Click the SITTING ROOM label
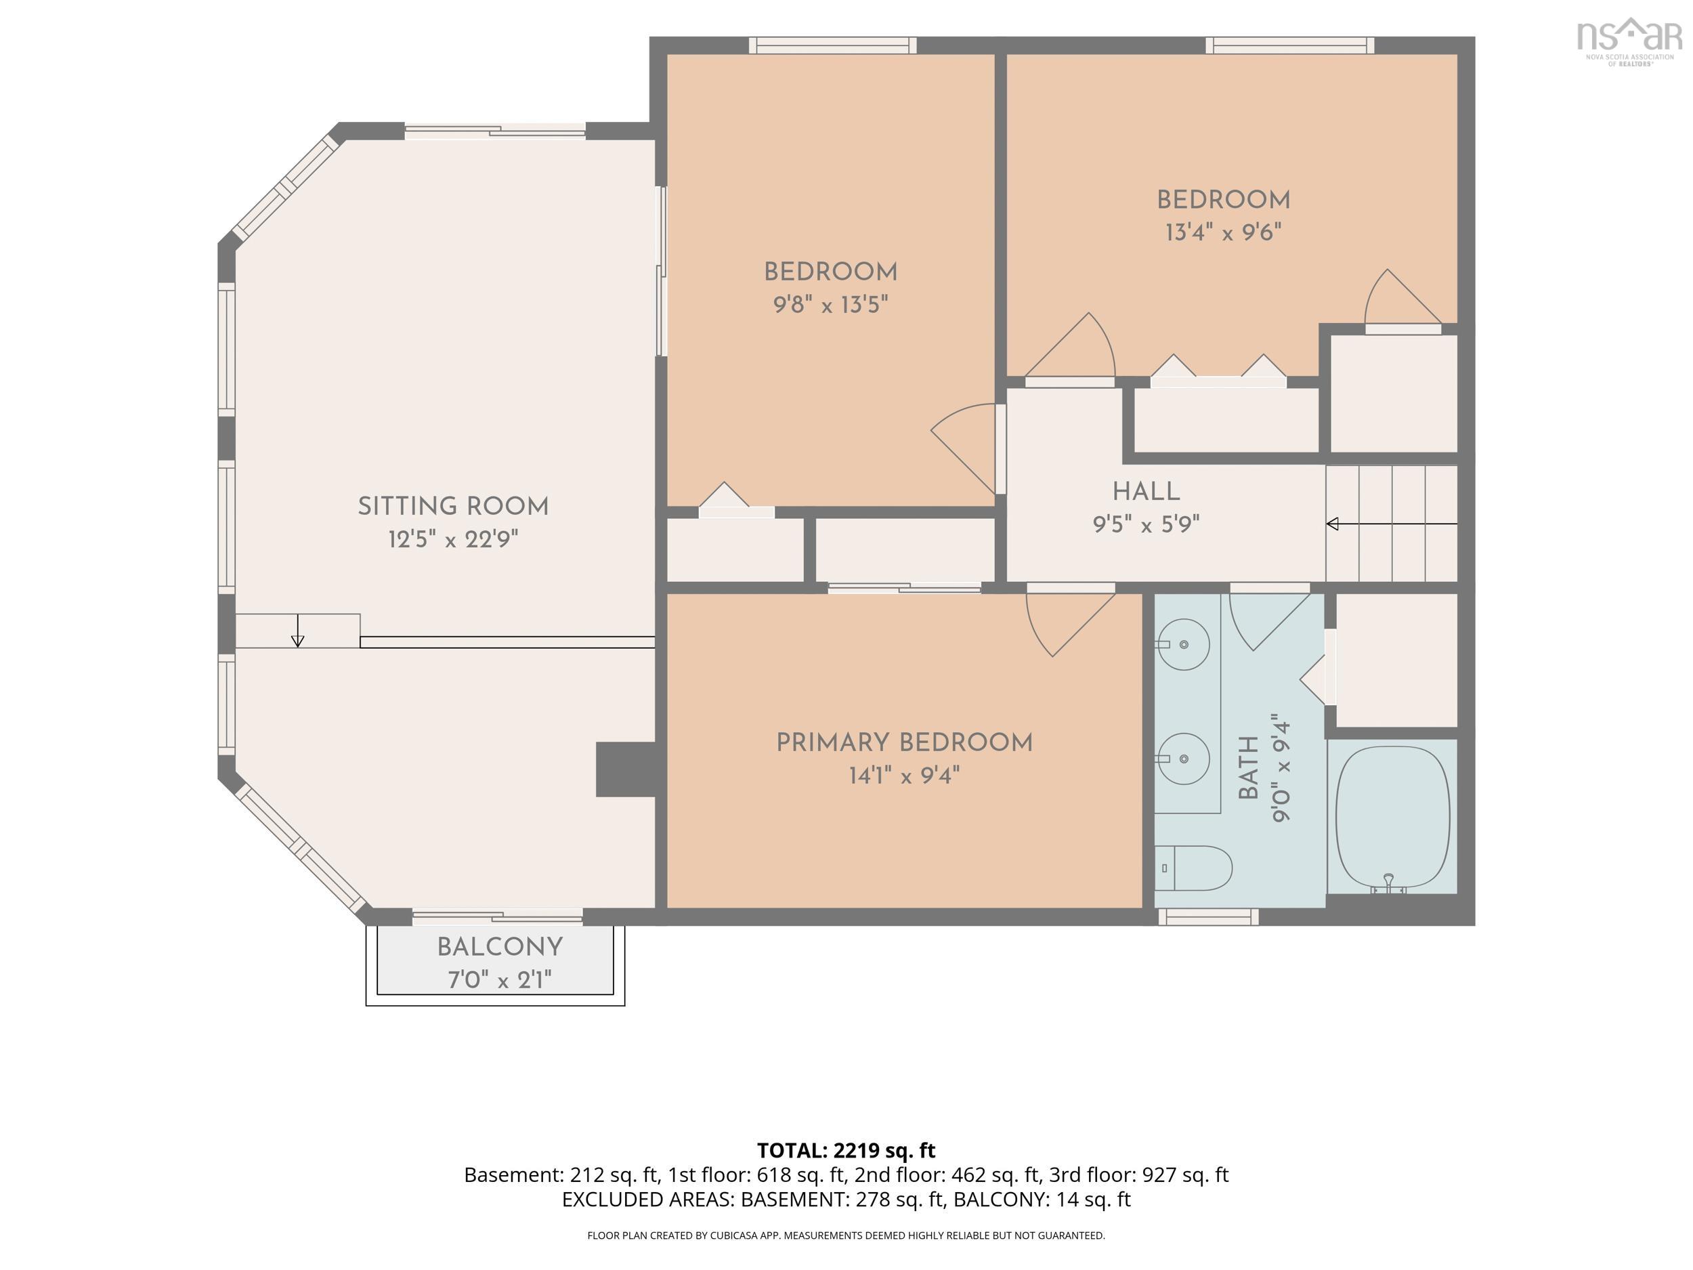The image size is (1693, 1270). pyautogui.click(x=453, y=507)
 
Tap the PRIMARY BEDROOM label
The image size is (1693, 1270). pyautogui.click(x=904, y=742)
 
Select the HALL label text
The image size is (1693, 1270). pyautogui.click(x=1146, y=492)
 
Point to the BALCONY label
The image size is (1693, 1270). pyautogui.click(x=500, y=948)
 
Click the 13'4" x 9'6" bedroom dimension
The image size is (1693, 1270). pyautogui.click(x=1223, y=232)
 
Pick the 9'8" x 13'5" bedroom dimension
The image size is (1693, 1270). pyautogui.click(x=830, y=305)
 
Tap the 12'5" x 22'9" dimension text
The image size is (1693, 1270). pyautogui.click(x=453, y=540)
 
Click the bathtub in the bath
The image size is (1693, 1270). pyautogui.click(x=1392, y=818)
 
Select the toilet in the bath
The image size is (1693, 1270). pyautogui.click(x=1193, y=868)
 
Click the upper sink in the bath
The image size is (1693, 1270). pyautogui.click(x=1183, y=645)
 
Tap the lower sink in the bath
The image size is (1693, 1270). pyautogui.click(x=1183, y=759)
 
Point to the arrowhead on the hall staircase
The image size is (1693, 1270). pyautogui.click(x=1332, y=524)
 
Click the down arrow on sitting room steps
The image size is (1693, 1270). pyautogui.click(x=298, y=631)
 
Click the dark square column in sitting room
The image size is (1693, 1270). pyautogui.click(x=625, y=769)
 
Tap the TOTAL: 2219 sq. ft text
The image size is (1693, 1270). pyautogui.click(x=846, y=1151)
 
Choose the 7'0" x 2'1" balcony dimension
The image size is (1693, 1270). pyautogui.click(x=500, y=980)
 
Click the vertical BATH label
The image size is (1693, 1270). pyautogui.click(x=1247, y=768)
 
